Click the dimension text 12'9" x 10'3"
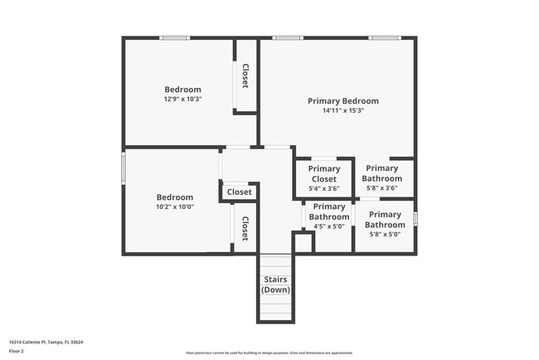point(182,100)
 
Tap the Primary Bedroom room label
point(343,101)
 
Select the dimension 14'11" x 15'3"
point(343,111)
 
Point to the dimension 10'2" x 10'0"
point(174,207)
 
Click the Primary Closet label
point(323,173)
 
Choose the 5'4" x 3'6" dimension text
point(323,188)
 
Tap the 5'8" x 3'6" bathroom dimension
point(382,188)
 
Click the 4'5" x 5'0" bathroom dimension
point(329,226)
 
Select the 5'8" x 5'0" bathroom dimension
point(385,234)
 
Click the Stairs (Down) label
point(275,285)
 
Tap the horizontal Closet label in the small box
point(240,192)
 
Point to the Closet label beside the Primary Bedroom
point(245,76)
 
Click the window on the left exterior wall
point(124,168)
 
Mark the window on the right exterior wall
point(415,219)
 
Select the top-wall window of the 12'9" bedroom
point(175,37)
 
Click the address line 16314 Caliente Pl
point(46,342)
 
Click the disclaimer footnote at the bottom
point(269,353)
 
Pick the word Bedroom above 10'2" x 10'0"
point(174,197)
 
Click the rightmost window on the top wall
point(384,37)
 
